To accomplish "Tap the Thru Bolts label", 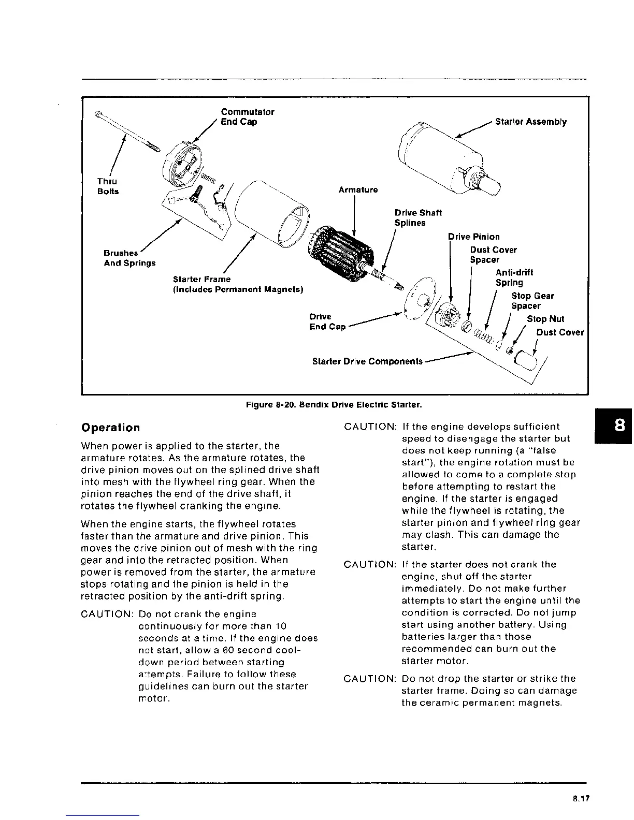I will (108, 186).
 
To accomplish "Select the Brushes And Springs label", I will (129, 258).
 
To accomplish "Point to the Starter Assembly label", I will (530, 122).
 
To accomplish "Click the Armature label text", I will (358, 190).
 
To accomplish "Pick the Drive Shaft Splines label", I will (417, 218).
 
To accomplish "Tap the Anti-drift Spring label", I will (514, 277).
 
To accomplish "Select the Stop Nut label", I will (545, 319).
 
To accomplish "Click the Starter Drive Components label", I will (367, 361).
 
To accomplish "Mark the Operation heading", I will (111, 428).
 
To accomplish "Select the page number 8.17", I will (581, 799).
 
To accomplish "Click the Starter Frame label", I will (238, 284).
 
